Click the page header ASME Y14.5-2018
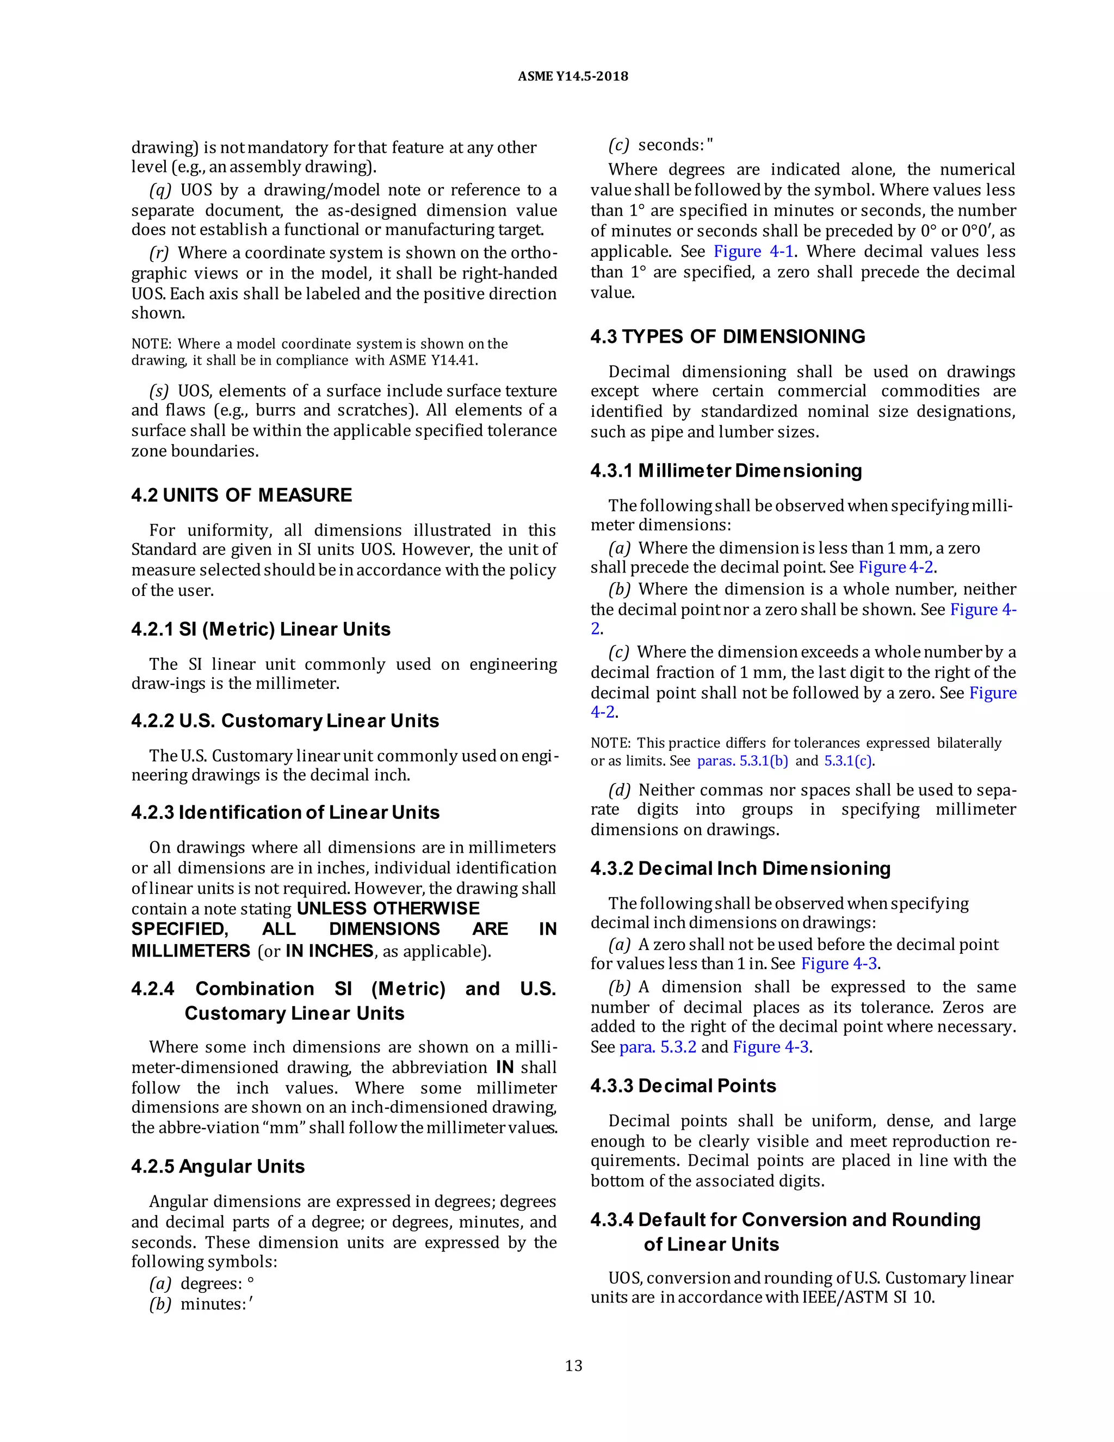click(x=572, y=77)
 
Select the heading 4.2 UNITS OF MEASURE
click(x=242, y=495)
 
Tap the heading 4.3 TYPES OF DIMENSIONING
click(x=727, y=337)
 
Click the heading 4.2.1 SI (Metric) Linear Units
click(x=261, y=629)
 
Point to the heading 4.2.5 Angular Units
click(x=218, y=1167)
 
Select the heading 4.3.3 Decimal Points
click(x=683, y=1086)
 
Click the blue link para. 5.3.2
click(x=657, y=1047)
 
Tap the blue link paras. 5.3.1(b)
click(x=742, y=761)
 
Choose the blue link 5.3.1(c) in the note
click(x=848, y=761)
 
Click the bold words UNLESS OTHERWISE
click(x=388, y=909)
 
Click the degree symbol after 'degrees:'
click(x=251, y=1281)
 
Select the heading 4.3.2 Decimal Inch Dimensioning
click(x=740, y=869)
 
